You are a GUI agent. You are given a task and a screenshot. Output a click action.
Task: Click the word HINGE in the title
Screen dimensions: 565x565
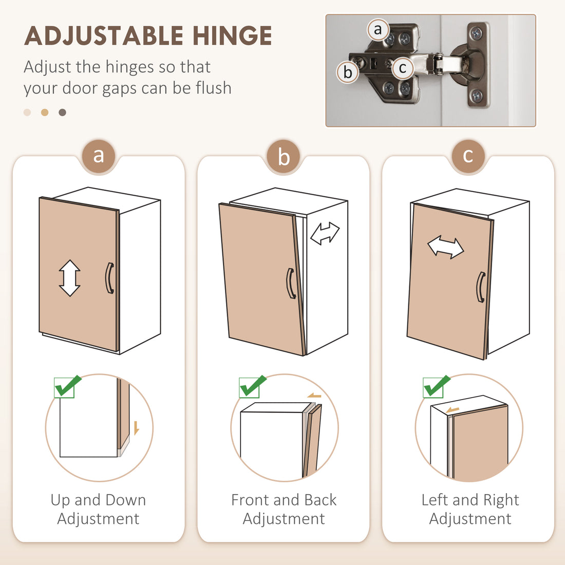[x=232, y=35]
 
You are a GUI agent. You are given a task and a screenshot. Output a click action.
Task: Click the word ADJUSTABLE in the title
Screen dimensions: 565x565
[x=104, y=35]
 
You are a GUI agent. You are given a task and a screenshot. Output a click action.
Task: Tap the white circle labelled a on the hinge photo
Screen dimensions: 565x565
[x=378, y=30]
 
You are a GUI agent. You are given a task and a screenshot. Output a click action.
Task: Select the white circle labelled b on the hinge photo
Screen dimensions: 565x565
[x=348, y=72]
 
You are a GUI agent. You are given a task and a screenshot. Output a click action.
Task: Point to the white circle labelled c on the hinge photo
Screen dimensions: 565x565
[x=403, y=68]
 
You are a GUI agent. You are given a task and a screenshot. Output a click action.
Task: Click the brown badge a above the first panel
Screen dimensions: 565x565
[x=99, y=156]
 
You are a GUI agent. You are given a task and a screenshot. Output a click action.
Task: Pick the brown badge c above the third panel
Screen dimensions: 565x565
[x=468, y=156]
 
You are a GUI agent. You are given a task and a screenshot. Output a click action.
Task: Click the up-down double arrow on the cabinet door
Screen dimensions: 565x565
[x=69, y=278]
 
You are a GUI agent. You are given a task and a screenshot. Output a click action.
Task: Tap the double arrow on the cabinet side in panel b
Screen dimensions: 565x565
[x=325, y=234]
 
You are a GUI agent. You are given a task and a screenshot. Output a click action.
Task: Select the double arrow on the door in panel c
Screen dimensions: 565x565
[x=446, y=247]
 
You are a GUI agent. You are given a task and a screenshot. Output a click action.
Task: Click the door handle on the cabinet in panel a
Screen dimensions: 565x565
[x=109, y=278]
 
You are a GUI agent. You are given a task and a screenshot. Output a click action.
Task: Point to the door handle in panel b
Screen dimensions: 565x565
[x=291, y=283]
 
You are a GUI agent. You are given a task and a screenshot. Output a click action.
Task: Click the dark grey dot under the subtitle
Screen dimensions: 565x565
[x=62, y=112]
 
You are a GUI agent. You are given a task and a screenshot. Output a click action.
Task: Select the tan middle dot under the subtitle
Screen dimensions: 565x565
[x=45, y=112]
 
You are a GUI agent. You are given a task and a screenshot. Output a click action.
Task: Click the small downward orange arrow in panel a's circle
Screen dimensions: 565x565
[x=136, y=428]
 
